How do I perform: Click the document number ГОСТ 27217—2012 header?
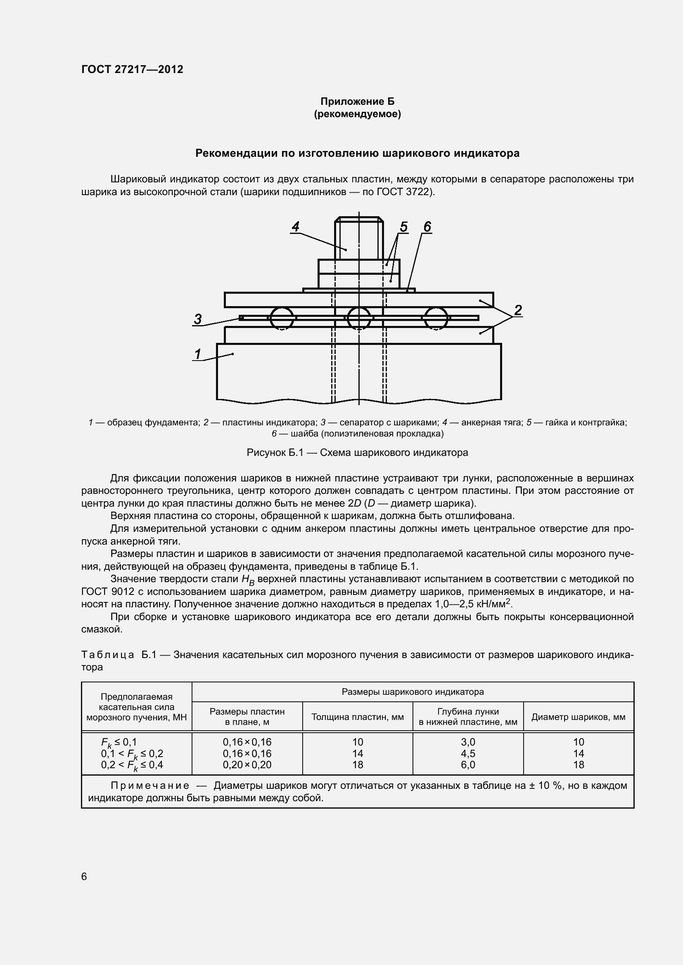132,69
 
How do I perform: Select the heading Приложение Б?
358,101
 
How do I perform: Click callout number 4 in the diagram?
296,227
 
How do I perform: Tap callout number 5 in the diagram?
403,227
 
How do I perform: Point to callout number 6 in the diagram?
427,227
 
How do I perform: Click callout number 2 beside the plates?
518,310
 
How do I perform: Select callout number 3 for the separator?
198,319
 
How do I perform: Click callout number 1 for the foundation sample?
198,354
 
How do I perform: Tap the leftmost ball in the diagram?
281,318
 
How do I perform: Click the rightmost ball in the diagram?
436,318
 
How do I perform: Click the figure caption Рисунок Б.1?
357,453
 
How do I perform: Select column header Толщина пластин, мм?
358,717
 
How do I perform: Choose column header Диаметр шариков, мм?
578,717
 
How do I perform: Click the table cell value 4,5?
468,753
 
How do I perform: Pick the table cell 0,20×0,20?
247,764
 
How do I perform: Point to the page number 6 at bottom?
84,876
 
